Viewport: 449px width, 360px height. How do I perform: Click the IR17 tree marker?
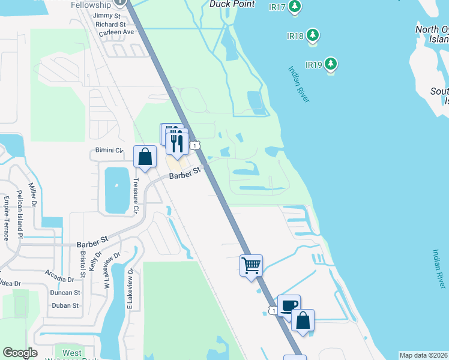pyautogui.click(x=294, y=7)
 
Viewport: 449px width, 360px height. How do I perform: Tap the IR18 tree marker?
pyautogui.click(x=312, y=35)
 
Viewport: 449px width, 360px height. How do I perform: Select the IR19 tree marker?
pyautogui.click(x=331, y=64)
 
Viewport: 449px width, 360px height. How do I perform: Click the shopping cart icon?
pyautogui.click(x=251, y=265)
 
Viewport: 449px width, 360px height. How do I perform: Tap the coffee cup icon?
pyautogui.click(x=289, y=305)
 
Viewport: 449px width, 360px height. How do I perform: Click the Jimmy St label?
pyautogui.click(x=107, y=15)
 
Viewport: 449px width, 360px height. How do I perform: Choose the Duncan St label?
pyautogui.click(x=65, y=293)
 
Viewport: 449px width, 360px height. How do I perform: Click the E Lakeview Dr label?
pyautogui.click(x=130, y=289)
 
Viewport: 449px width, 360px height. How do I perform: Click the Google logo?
pyautogui.click(x=20, y=353)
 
